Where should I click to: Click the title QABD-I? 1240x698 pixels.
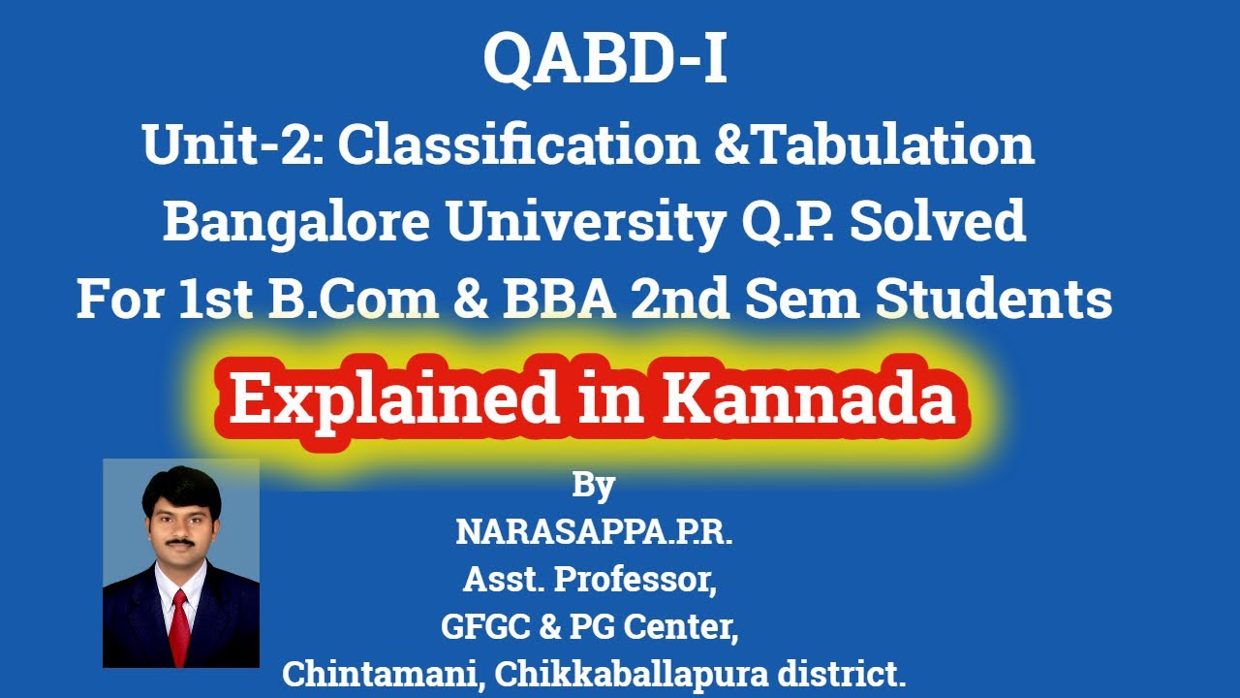click(604, 60)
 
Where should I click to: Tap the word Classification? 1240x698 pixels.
click(518, 145)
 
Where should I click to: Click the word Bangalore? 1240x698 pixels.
click(294, 223)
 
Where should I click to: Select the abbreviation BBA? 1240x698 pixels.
click(544, 301)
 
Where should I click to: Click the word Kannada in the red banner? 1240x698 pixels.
click(808, 399)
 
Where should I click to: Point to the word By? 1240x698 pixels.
click(593, 485)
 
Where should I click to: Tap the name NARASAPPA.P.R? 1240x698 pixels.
click(594, 531)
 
